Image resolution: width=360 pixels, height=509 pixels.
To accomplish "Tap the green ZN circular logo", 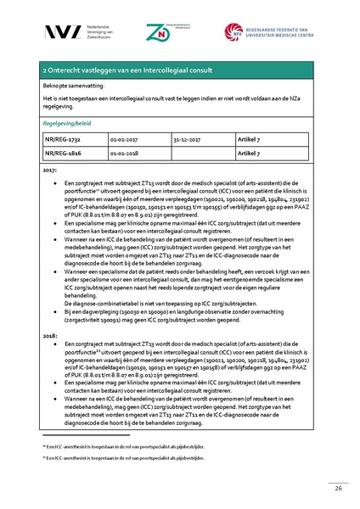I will (181, 33).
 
